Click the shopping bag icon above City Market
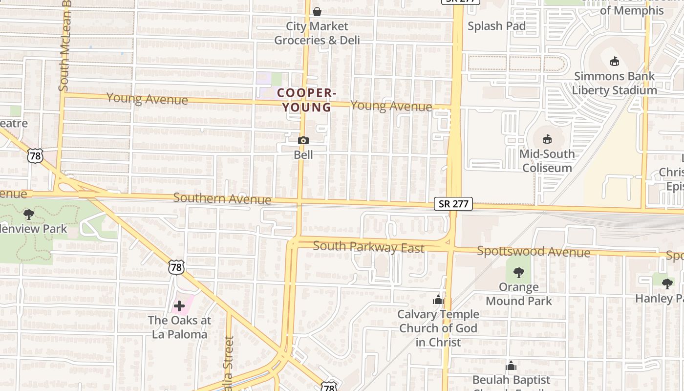[x=317, y=11]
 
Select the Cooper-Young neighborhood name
[x=304, y=100]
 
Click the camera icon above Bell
[x=303, y=141]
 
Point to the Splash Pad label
[x=496, y=26]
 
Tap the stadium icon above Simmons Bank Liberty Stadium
[x=615, y=61]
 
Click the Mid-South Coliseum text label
[x=547, y=161]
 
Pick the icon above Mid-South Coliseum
[x=547, y=139]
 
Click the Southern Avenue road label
[x=222, y=198]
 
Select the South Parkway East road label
[x=368, y=247]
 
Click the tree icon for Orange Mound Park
[x=519, y=272]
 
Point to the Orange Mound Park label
[x=519, y=294]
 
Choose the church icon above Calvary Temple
[x=438, y=299]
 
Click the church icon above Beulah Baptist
[x=511, y=365]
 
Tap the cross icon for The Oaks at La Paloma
[x=179, y=306]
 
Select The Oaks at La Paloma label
[x=179, y=327]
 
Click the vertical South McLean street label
[x=65, y=46]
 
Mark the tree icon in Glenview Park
[x=29, y=214]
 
